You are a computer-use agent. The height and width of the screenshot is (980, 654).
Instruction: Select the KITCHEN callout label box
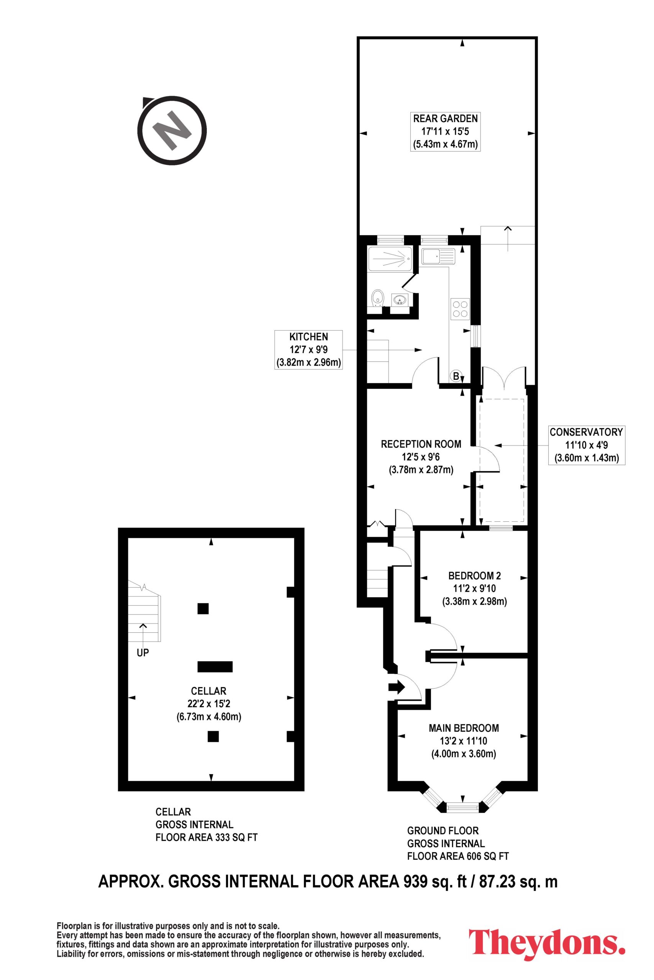point(309,350)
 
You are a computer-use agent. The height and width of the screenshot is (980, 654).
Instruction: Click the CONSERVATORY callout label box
point(586,445)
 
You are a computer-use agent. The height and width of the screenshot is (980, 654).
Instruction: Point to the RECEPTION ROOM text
point(421,444)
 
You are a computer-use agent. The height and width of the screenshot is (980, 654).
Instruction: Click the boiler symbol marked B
point(456,377)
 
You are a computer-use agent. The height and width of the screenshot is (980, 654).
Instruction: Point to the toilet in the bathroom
point(377,298)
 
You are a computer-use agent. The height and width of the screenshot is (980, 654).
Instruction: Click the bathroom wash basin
point(400,299)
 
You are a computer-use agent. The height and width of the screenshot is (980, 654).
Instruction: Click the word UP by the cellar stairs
point(143,653)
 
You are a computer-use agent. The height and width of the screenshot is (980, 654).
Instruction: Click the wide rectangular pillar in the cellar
point(215,666)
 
